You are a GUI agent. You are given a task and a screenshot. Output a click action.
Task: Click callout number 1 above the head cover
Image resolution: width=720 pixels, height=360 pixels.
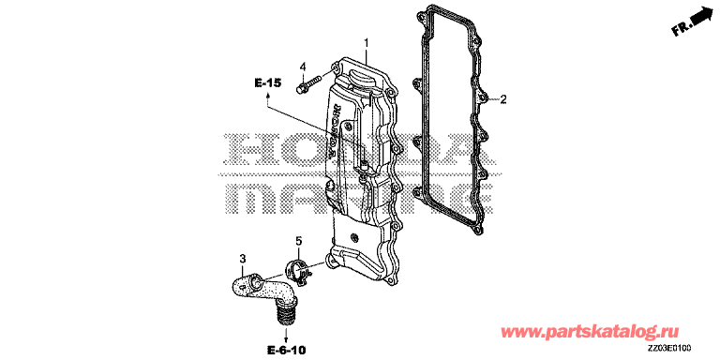tap(367, 43)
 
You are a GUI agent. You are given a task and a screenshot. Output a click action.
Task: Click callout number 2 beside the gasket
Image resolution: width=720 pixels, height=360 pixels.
tap(503, 98)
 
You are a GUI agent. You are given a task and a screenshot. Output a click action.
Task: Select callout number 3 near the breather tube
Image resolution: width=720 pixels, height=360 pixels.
tap(243, 259)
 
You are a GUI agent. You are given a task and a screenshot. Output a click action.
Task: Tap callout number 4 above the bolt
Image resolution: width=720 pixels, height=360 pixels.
tap(302, 67)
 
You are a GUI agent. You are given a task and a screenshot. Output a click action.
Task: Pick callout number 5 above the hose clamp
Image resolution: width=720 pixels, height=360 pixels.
tap(298, 240)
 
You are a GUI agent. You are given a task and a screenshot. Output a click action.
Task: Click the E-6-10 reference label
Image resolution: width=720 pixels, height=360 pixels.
tap(286, 351)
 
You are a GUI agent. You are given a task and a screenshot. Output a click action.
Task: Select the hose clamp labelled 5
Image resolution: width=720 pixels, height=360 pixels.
tap(298, 270)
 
